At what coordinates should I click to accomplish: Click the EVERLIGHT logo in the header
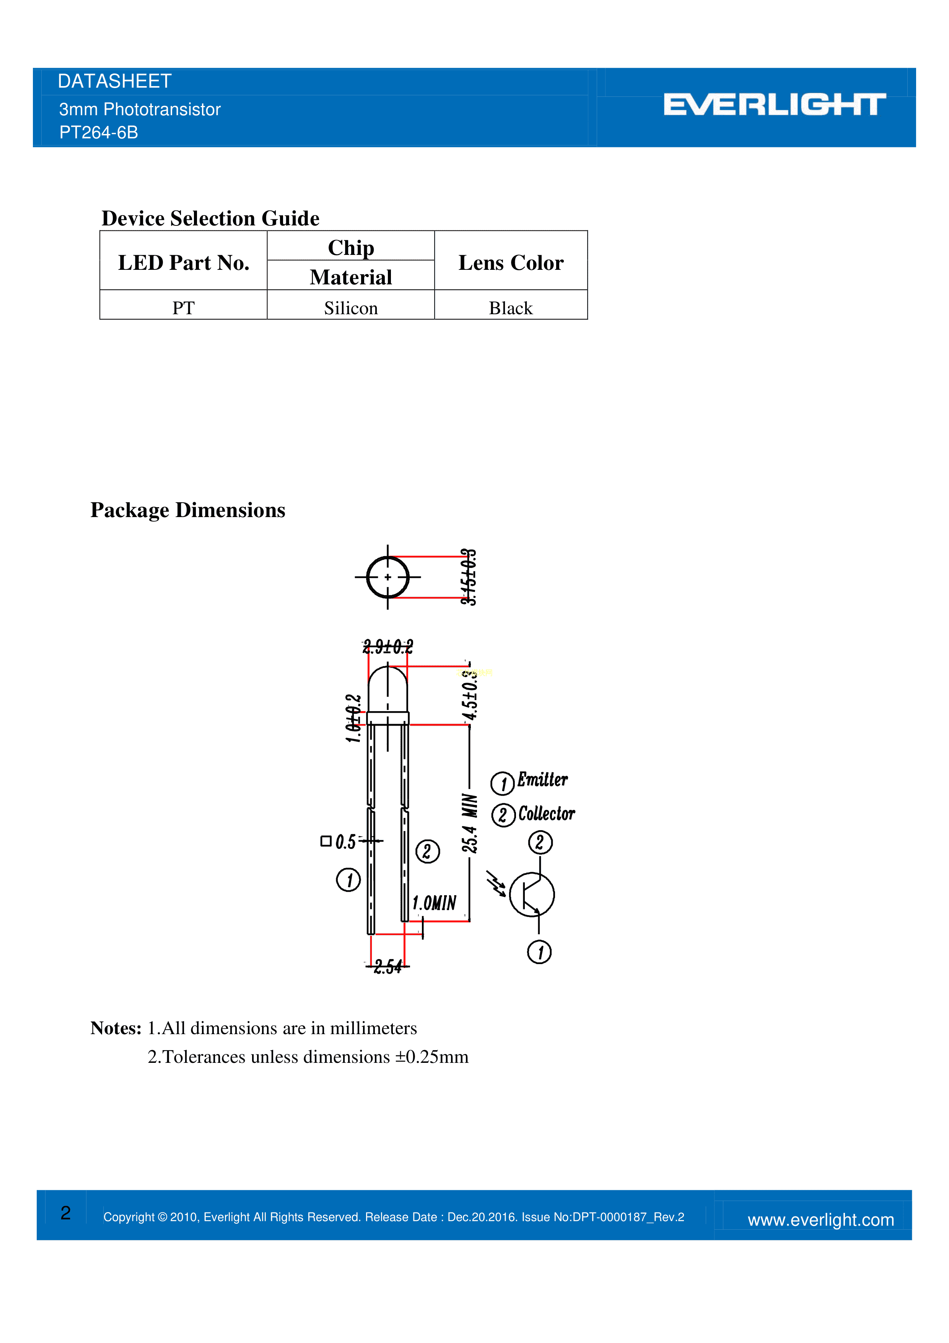774,105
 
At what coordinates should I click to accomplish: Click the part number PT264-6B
99,133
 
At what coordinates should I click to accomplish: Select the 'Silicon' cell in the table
351,308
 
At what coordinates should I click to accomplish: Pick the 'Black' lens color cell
511,308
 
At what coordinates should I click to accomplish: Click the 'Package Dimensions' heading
188,510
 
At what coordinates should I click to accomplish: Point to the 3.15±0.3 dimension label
468,577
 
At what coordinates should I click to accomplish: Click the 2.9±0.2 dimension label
387,647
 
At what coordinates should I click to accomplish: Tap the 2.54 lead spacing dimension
387,966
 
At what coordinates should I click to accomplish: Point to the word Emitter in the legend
543,780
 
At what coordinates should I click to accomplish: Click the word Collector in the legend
547,814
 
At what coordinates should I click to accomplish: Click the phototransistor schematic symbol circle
532,894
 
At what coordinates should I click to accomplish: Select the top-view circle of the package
387,577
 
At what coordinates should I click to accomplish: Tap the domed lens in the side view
387,689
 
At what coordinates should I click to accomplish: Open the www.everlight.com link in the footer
820,1220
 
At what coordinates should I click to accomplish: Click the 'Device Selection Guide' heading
210,218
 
